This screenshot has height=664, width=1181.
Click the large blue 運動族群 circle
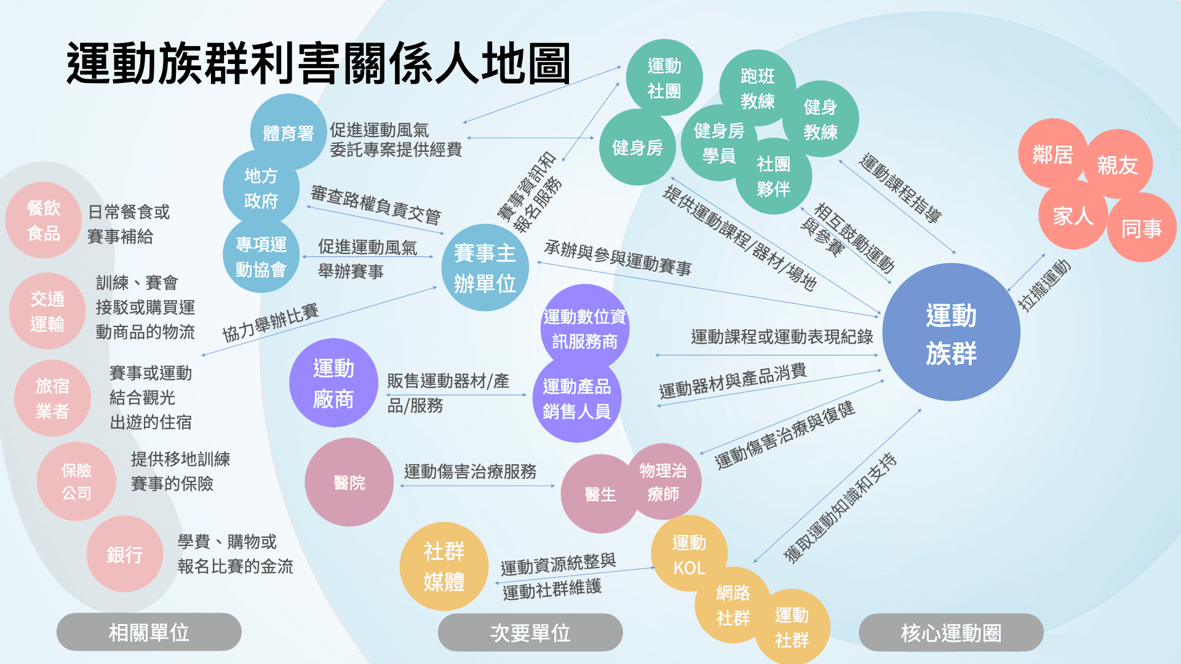point(951,333)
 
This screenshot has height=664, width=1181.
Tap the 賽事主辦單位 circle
point(485,268)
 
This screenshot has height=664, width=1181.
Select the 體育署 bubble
point(288,133)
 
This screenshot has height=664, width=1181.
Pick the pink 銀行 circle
point(124,555)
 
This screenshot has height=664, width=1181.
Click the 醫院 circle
point(349,483)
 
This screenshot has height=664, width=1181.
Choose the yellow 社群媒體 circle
point(443,566)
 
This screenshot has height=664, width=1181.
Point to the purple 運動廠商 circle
point(333,383)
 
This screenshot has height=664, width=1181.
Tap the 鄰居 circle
point(1052,154)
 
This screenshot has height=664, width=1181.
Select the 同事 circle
point(1142,229)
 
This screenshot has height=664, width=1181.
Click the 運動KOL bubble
point(689,555)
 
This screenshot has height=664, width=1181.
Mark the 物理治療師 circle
point(663,482)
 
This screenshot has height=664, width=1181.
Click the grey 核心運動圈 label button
point(951,633)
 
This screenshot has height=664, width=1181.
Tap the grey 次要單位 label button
point(530,633)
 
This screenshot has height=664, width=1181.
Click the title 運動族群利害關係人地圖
point(319,63)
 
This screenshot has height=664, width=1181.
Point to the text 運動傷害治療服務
point(470,472)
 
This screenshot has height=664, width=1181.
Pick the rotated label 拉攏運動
point(1044,285)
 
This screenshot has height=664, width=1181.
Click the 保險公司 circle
point(76,481)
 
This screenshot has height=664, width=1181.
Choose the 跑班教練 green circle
point(757,88)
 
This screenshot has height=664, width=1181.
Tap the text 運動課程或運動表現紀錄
point(782,336)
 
